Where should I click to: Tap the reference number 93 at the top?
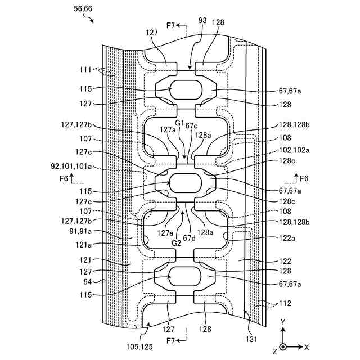pyautogui.click(x=202, y=21)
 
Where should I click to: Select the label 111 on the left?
pyautogui.click(x=85, y=70)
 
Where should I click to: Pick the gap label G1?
pyautogui.click(x=179, y=123)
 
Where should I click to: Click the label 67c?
pyautogui.click(x=191, y=124)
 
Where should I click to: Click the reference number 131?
pyautogui.click(x=250, y=339)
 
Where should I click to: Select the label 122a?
pyautogui.click(x=286, y=238)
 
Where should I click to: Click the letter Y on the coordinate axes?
pyautogui.click(x=284, y=321)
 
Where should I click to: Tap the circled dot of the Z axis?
pyautogui.click(x=284, y=347)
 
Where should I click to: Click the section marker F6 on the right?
pyautogui.click(x=304, y=178)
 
